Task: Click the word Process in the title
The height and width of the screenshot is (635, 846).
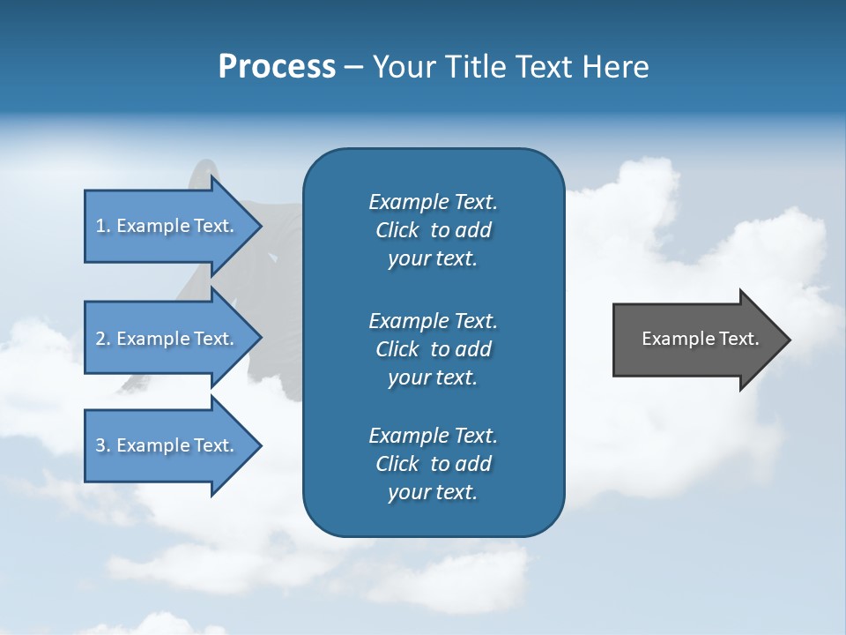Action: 277,67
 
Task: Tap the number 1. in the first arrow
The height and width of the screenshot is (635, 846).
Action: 103,226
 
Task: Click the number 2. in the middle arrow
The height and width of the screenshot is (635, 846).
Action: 103,339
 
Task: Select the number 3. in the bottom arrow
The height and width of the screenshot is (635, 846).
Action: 103,445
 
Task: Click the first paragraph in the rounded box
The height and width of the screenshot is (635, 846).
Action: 433,230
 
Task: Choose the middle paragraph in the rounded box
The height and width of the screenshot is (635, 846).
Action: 433,348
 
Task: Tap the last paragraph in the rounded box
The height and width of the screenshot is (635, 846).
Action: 433,464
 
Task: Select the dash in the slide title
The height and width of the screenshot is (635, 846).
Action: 353,67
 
